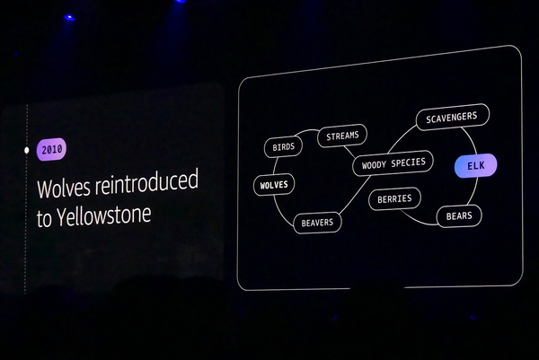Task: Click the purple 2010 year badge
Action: coord(51,149)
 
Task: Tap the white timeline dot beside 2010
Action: coord(27,150)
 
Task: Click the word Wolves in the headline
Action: coord(64,188)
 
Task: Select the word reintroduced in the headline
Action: coord(146,182)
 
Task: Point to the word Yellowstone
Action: coord(104,215)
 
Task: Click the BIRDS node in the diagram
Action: coord(283,147)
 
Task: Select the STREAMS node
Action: coord(342,136)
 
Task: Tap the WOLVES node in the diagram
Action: coord(274,185)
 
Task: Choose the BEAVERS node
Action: coord(317,223)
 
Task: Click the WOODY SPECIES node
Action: coord(393,163)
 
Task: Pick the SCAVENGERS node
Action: coord(453,117)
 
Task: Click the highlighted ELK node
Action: coord(476,165)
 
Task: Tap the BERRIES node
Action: coord(394,199)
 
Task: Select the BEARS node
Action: coord(459,216)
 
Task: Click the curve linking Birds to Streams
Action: coord(307,130)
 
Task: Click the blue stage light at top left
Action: coord(69,18)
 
